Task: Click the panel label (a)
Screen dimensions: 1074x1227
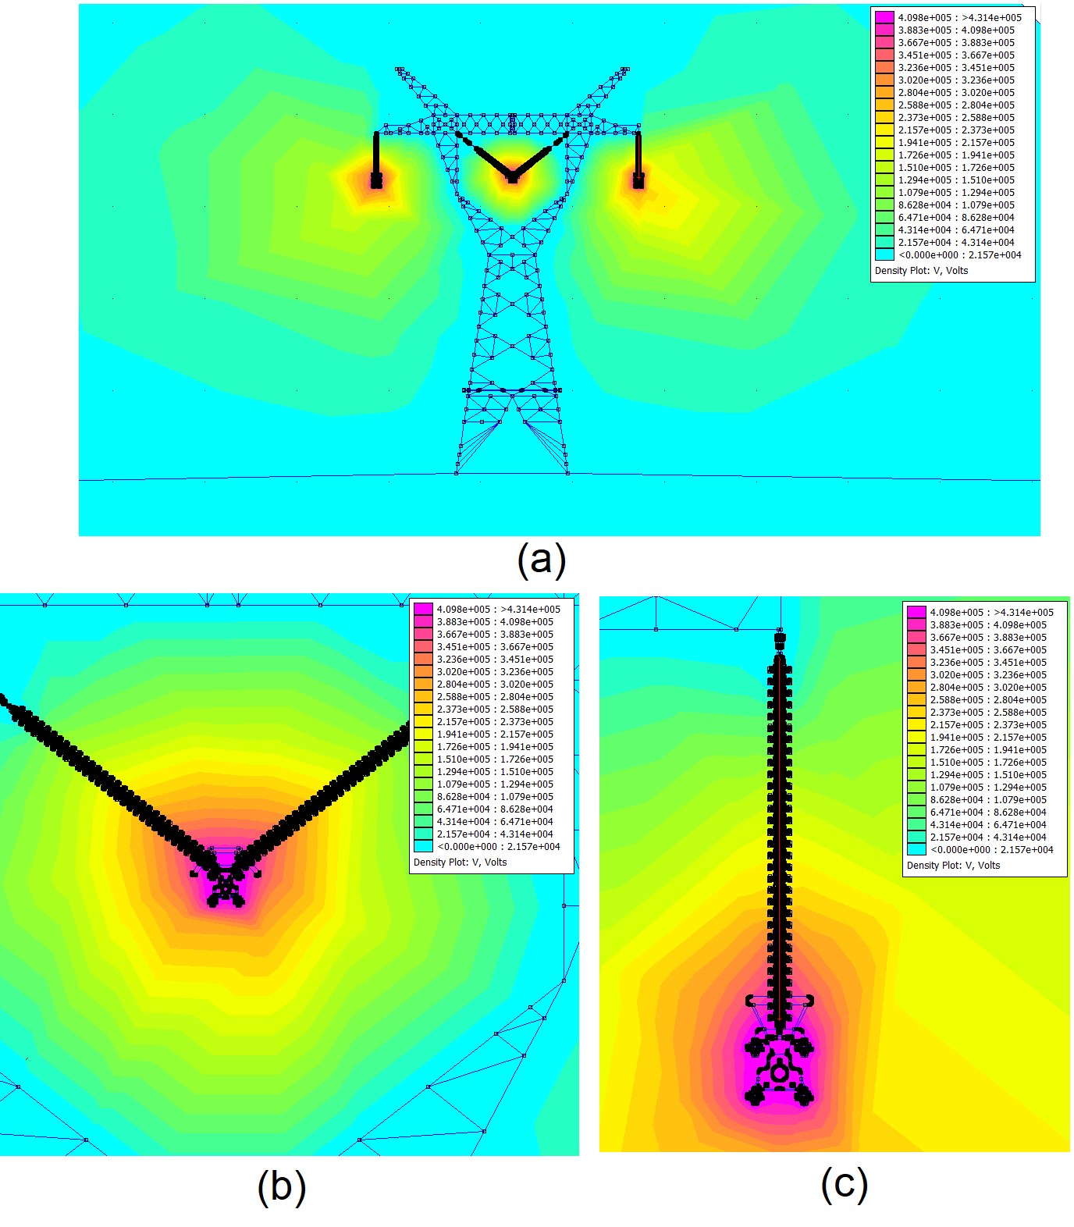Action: (541, 560)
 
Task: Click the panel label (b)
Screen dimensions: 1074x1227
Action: (281, 1186)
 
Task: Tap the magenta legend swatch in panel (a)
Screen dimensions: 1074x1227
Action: (884, 17)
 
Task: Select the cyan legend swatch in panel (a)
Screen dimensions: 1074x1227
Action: (884, 254)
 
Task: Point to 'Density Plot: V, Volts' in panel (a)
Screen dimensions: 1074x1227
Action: (921, 271)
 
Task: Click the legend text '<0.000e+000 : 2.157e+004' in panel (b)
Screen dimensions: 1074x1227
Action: (498, 846)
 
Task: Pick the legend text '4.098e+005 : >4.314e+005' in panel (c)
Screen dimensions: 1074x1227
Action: (991, 612)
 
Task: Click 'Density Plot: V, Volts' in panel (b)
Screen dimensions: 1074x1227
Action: (460, 862)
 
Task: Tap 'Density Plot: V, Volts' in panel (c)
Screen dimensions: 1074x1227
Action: (953, 866)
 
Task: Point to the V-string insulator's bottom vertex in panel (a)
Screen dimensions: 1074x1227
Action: (512, 177)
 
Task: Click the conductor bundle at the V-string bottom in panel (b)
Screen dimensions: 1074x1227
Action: (225, 886)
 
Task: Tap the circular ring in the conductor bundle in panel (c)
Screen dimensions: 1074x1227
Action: (778, 1074)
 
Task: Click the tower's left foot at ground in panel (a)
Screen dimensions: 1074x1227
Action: (457, 473)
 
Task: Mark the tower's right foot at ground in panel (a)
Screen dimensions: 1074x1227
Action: (567, 473)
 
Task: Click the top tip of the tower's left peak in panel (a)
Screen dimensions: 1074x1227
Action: (399, 69)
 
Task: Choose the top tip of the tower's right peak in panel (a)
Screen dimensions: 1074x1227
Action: (626, 69)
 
